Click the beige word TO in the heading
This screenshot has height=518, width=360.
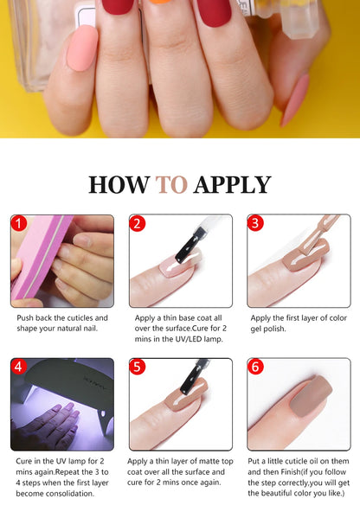[x=172, y=185]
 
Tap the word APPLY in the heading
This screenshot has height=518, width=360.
[x=232, y=185]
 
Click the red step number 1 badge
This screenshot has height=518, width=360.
[x=20, y=224]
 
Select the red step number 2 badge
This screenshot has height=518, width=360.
[x=138, y=224]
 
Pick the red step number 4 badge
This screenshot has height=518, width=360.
[x=20, y=368]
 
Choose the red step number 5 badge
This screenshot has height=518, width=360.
[x=138, y=368]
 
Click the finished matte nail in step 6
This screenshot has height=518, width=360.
[x=301, y=406]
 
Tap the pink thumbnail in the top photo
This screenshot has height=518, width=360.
[x=82, y=48]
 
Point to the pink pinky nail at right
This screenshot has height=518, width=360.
[x=295, y=100]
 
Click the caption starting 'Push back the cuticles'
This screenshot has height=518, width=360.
[x=62, y=323]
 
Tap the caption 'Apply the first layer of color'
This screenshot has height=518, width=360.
[x=299, y=323]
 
